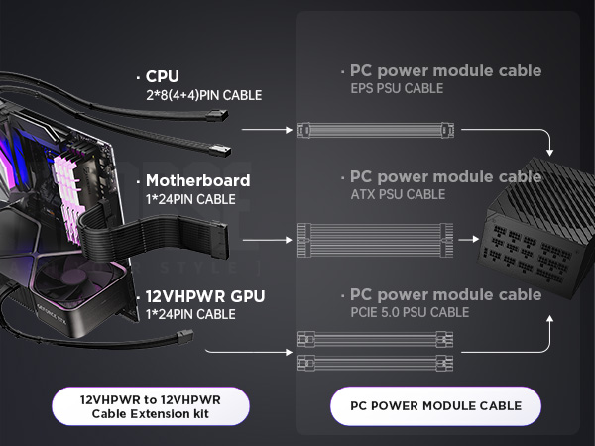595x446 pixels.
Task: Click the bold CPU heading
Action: coord(164,76)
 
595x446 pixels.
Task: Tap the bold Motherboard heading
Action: coord(197,181)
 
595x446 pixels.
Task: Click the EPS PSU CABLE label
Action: coord(396,89)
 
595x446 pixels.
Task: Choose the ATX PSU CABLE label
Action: coord(398,194)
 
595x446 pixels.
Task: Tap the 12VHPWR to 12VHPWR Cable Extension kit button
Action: coord(150,405)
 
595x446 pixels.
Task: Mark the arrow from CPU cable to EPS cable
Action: coord(265,130)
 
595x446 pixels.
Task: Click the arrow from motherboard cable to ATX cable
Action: coord(265,241)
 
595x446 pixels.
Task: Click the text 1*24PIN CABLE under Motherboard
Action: coord(190,199)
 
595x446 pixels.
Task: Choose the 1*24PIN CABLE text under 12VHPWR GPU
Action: coord(190,314)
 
